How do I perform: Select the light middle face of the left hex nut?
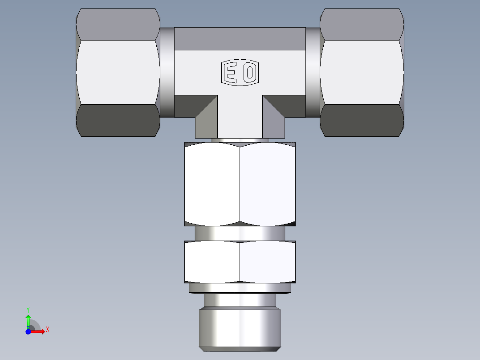(x=118, y=72)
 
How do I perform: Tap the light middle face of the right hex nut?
(x=362, y=72)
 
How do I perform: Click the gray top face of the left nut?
(x=118, y=25)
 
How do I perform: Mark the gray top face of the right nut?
(x=362, y=25)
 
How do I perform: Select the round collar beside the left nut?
(x=167, y=72)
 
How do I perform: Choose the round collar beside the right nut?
(x=313, y=72)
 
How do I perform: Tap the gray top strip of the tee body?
(x=240, y=39)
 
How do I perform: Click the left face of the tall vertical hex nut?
(x=212, y=184)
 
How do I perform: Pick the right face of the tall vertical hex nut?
(x=268, y=184)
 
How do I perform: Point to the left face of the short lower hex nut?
(x=212, y=262)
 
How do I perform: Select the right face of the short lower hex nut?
(x=268, y=262)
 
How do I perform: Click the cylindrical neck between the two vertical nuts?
(x=240, y=233)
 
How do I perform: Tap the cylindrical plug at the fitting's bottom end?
(x=240, y=327)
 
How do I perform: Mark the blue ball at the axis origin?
(x=28, y=331)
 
